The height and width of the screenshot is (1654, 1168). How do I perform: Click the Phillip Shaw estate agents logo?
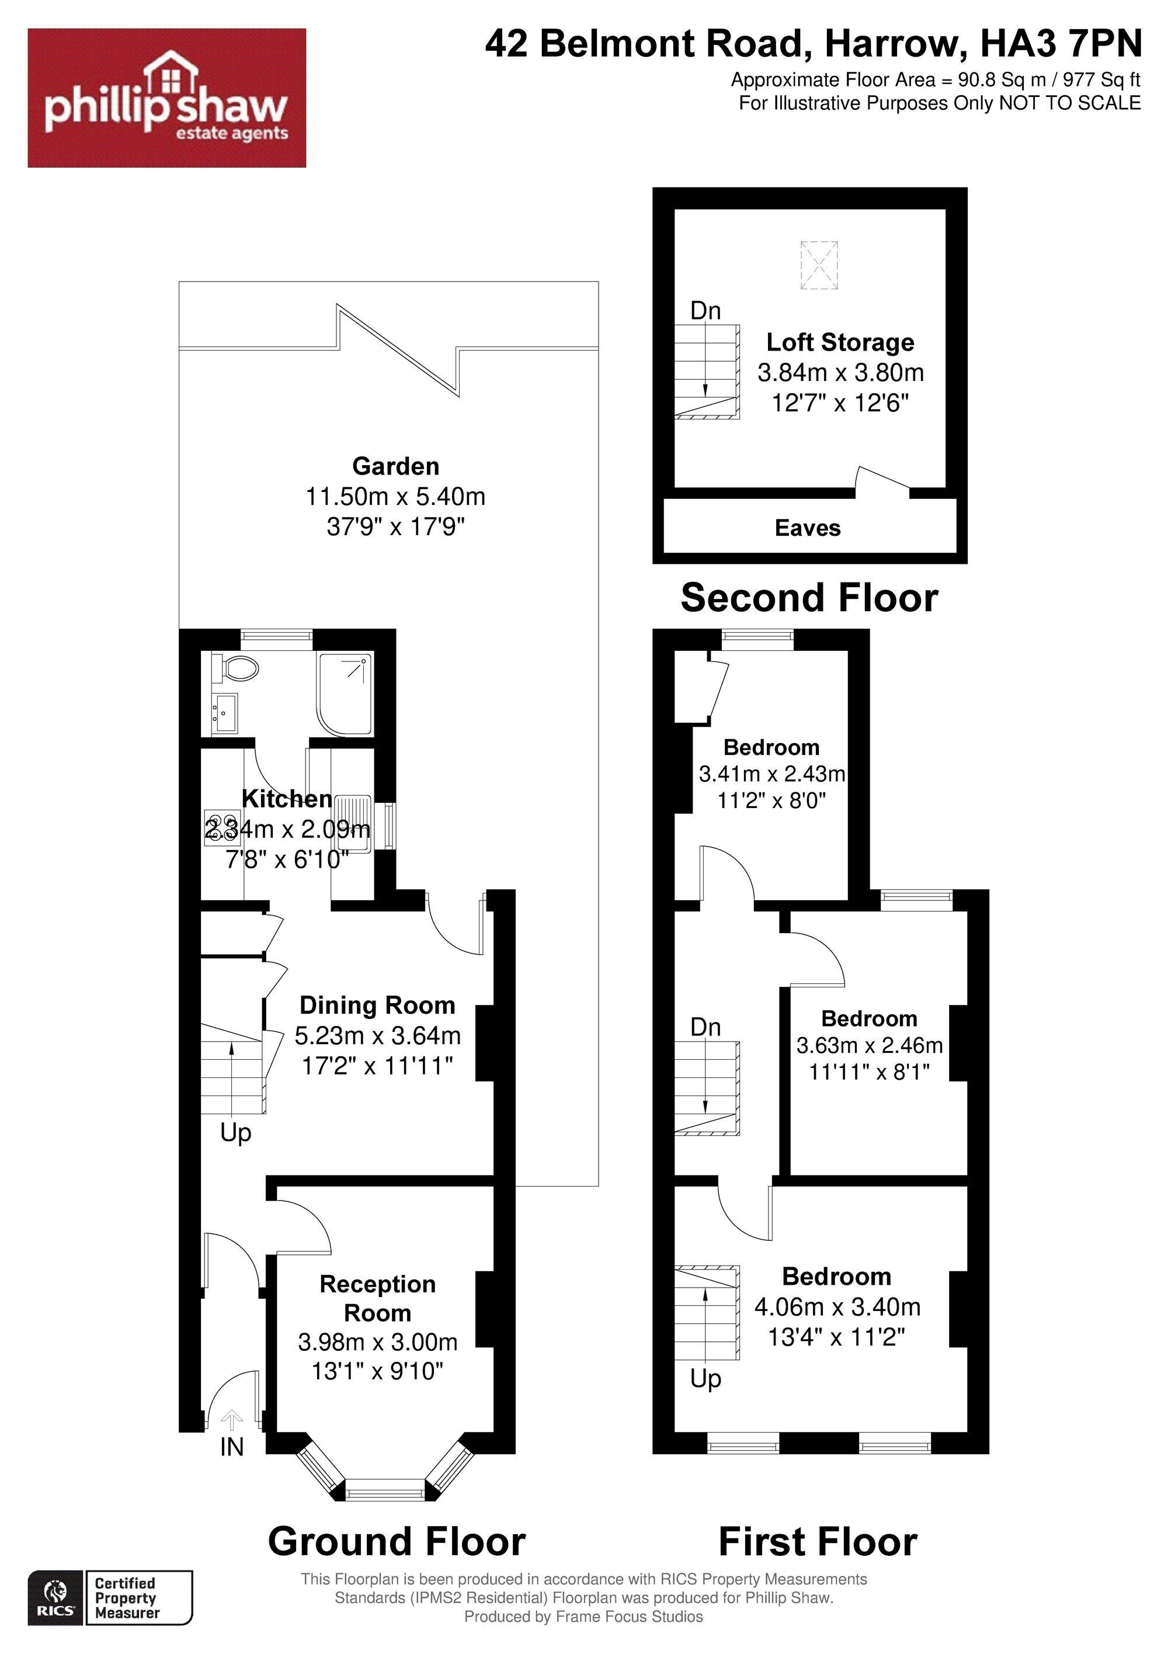pos(166,98)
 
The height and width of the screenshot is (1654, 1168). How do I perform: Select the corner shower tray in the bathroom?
pos(346,695)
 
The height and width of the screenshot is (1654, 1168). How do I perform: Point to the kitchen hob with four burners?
pos(221,826)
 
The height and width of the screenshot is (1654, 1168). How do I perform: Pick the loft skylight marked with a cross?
pos(819,266)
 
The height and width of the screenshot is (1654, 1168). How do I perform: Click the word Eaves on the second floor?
pos(807,528)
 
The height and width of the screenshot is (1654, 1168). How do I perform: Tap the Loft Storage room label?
pos(840,342)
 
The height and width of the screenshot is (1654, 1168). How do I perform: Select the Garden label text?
pos(395,466)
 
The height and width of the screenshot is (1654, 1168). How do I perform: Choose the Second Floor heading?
pos(809,598)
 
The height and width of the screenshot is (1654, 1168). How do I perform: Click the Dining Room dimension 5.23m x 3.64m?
pos(377,1035)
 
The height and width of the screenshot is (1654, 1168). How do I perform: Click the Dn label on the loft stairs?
pos(705,310)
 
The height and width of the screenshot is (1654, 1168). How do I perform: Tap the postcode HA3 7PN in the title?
pos(1062,44)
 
